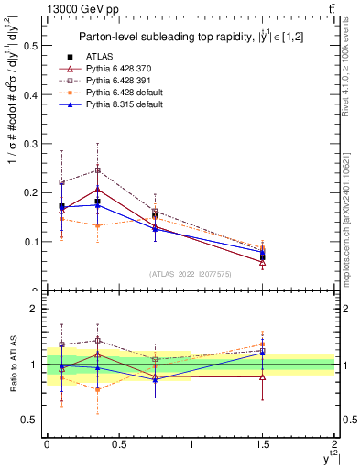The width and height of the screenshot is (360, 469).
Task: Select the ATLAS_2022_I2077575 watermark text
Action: coord(190,273)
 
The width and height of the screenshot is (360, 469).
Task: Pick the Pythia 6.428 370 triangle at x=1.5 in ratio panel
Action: coord(263,376)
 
